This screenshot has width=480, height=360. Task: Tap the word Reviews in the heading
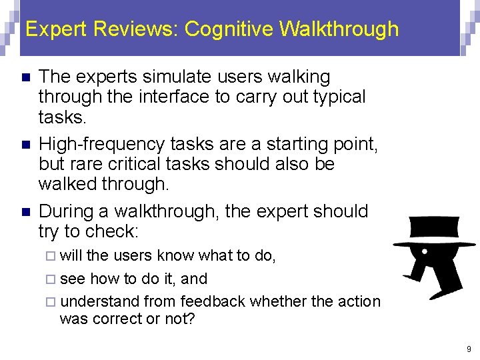point(138,29)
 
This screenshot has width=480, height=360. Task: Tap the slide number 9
point(469,349)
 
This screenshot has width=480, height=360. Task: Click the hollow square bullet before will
point(53,256)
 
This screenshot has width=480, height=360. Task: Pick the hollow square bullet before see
point(53,279)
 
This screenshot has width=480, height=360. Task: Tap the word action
point(359,301)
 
